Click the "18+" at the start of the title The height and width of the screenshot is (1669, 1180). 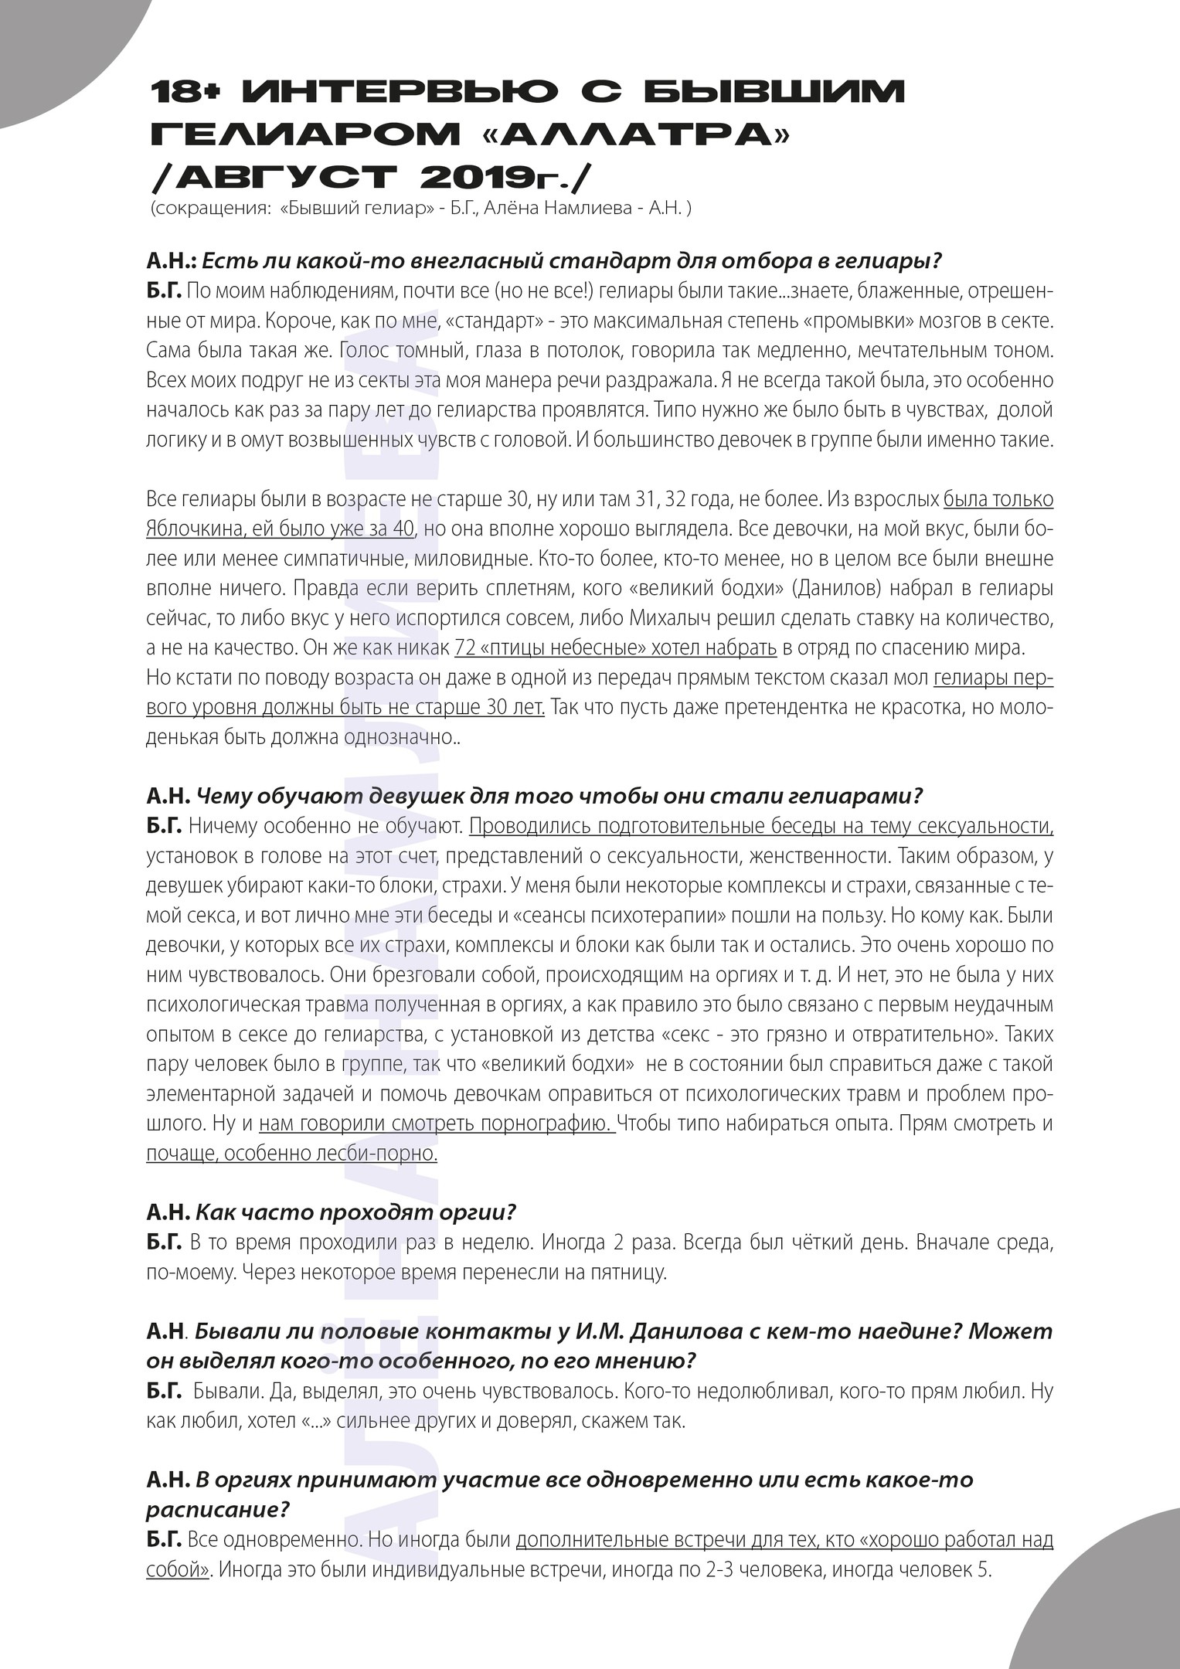(x=186, y=93)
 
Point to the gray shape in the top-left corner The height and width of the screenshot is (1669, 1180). (x=54, y=46)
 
